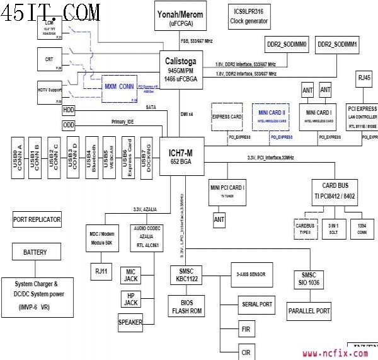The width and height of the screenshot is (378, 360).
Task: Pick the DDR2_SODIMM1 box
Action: [337, 45]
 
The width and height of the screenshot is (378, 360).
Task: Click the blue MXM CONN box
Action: [120, 88]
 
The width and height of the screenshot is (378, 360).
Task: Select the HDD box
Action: [69, 110]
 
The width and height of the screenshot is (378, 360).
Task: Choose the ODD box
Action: [69, 125]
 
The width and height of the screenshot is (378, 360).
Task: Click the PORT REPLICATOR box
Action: [37, 220]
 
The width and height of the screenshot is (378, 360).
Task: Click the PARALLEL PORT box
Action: [309, 311]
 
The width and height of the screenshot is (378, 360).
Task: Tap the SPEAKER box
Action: [130, 322]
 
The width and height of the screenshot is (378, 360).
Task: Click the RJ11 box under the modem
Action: [101, 271]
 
